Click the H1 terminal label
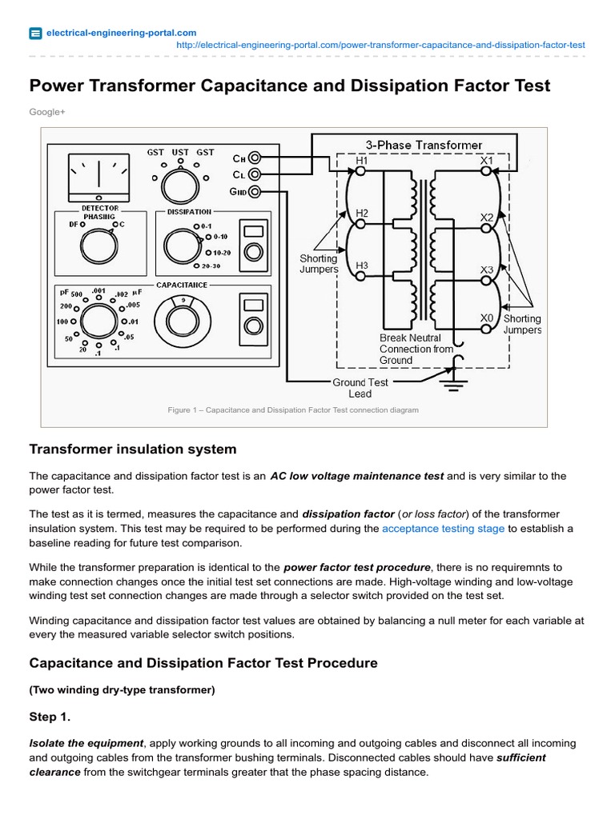tap(361, 160)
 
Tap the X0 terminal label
tap(486, 318)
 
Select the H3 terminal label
tap(361, 265)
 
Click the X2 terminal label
tap(486, 217)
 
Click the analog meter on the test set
tap(98, 178)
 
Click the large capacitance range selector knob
tap(98, 321)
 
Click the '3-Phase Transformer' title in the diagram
tap(424, 145)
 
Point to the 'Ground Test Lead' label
tap(360, 388)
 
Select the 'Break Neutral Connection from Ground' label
tap(416, 349)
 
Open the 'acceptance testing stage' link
tap(443, 529)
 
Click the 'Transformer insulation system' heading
tap(132, 449)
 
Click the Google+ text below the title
tap(46, 112)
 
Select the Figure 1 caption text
tap(292, 409)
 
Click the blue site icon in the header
tap(36, 33)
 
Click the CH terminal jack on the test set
tap(255, 158)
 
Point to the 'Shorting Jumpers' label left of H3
tap(319, 264)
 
